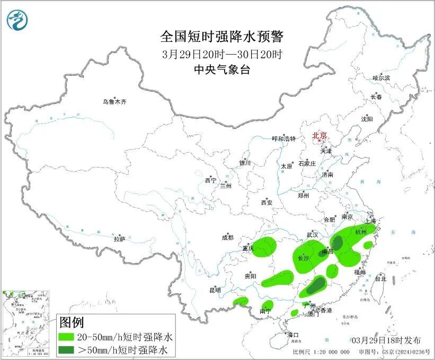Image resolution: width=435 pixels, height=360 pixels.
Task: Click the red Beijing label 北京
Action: (x=319, y=135)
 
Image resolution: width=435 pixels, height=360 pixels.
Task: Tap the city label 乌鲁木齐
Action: (x=115, y=102)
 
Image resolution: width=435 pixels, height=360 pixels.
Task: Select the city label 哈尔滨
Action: (x=381, y=78)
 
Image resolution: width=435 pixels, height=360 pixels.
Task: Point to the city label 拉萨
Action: (x=119, y=239)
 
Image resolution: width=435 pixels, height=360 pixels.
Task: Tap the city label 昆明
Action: (x=215, y=290)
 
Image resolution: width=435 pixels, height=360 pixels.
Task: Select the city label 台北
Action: (x=380, y=278)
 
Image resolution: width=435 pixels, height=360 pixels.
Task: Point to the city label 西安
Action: (x=267, y=203)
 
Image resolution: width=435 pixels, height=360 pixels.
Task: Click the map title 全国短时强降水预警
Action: (x=222, y=37)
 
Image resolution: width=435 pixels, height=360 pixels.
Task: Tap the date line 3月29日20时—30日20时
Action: (x=222, y=54)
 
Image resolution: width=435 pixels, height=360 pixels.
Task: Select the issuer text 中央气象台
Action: (x=222, y=69)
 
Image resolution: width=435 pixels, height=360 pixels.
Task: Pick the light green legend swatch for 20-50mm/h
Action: (x=66, y=337)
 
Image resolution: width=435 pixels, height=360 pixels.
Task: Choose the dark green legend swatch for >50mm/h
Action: (x=66, y=349)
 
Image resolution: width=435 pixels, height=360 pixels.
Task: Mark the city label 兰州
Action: (x=226, y=186)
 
